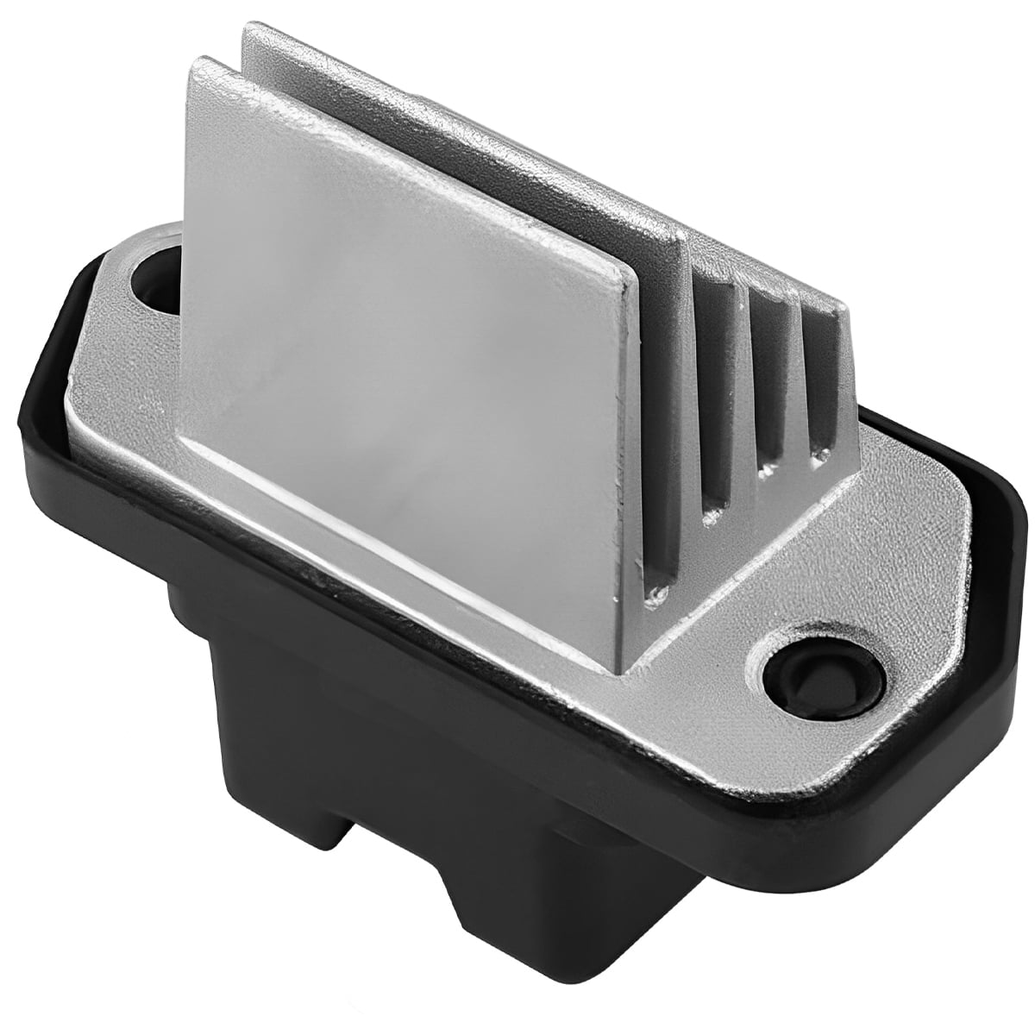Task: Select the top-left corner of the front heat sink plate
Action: tap(194, 65)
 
